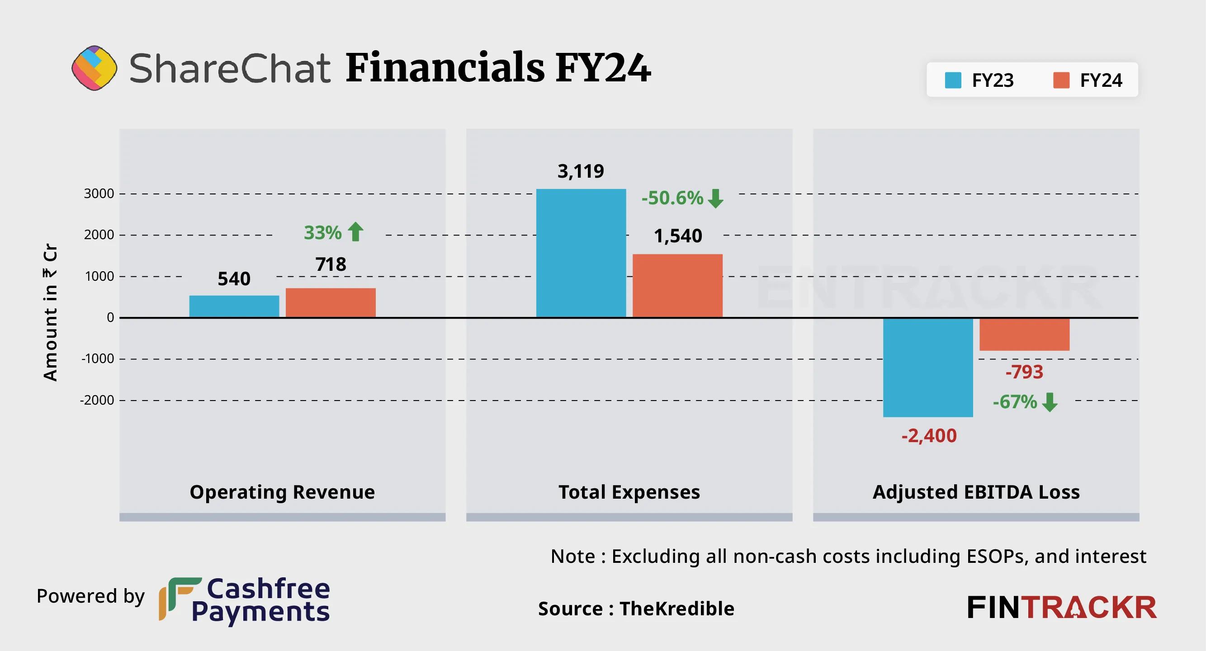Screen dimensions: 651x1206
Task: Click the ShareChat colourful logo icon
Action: [x=94, y=68]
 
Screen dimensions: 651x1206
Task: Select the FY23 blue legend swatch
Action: [x=953, y=80]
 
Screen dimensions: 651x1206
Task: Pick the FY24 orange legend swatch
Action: [x=1061, y=80]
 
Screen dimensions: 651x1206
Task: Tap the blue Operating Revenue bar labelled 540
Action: [x=234, y=306]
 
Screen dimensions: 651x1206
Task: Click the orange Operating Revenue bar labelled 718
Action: [x=331, y=302]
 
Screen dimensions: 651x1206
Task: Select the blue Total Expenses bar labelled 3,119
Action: [x=581, y=253]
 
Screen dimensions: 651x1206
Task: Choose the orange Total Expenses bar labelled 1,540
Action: [x=677, y=285]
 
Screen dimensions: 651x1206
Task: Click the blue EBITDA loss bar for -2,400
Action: [x=928, y=368]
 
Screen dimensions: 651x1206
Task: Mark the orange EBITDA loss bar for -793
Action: [x=1024, y=334]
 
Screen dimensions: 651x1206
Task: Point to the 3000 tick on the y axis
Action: [x=99, y=194]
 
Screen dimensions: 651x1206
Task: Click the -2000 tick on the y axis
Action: [x=97, y=401]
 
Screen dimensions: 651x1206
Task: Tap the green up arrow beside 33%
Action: [x=356, y=231]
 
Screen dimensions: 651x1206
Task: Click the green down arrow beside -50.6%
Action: [x=715, y=198]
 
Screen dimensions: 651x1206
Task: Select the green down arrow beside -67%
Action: [x=1050, y=402]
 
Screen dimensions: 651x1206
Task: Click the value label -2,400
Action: [x=929, y=436]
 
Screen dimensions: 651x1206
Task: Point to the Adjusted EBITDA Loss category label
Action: [x=976, y=492]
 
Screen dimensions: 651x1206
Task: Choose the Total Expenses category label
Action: [x=629, y=492]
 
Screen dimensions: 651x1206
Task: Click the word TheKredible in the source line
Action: [x=677, y=609]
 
